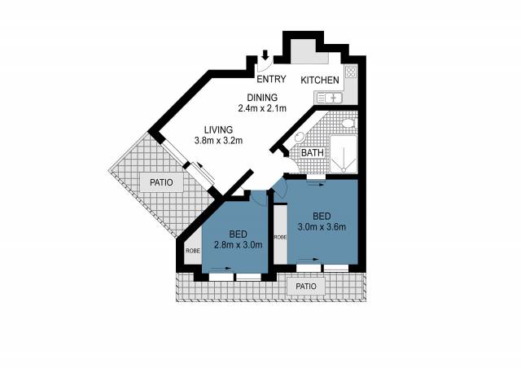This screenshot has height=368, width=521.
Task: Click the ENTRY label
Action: click(x=271, y=79)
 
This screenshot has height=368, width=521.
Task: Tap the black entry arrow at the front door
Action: click(x=265, y=55)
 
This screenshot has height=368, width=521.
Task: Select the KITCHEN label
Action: click(x=320, y=80)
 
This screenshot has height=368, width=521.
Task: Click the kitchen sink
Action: click(x=329, y=98)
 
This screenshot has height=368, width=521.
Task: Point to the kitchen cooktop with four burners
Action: click(x=351, y=72)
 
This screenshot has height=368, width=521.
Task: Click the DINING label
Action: click(x=262, y=98)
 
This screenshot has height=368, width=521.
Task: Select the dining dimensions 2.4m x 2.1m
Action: click(x=262, y=108)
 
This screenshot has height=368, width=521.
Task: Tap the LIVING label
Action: click(x=218, y=129)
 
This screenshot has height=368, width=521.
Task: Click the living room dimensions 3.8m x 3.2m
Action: click(x=218, y=141)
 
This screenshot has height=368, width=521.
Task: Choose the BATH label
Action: click(x=313, y=153)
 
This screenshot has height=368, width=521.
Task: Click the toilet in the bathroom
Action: click(x=348, y=123)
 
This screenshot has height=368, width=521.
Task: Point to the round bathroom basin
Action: click(x=300, y=138)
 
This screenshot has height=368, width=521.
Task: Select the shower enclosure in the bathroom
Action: click(x=344, y=154)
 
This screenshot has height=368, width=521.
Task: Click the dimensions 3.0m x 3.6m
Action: click(x=322, y=227)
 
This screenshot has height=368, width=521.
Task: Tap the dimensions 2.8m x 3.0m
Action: click(x=239, y=245)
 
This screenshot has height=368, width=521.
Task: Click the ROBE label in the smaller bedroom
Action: click(x=193, y=251)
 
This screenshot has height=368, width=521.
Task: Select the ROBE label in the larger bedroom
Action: click(x=280, y=238)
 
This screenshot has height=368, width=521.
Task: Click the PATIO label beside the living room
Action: click(x=161, y=182)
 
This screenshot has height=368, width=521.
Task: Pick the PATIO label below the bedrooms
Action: click(x=306, y=287)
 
